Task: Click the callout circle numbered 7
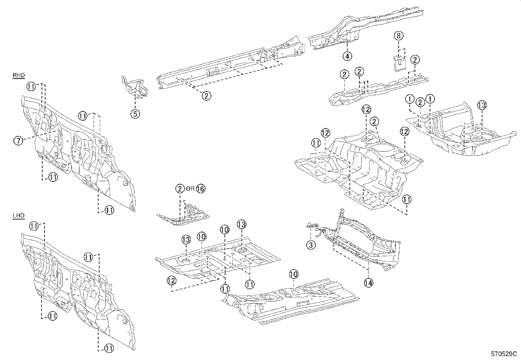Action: (18, 141)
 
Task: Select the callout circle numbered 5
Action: (135, 114)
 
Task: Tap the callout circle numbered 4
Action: (347, 56)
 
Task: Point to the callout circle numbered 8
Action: (399, 35)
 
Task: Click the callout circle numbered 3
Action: (311, 244)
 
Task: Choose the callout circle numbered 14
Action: (368, 282)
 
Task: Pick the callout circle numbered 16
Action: (201, 189)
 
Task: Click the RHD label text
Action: (19, 76)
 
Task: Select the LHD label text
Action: (18, 216)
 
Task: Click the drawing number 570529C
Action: (503, 354)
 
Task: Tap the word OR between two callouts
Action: (190, 189)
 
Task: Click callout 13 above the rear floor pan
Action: (481, 105)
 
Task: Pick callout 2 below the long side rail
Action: (206, 96)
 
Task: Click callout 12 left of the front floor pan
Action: (171, 280)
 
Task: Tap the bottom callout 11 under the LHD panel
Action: (109, 349)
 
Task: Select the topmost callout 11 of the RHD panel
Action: (31, 86)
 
